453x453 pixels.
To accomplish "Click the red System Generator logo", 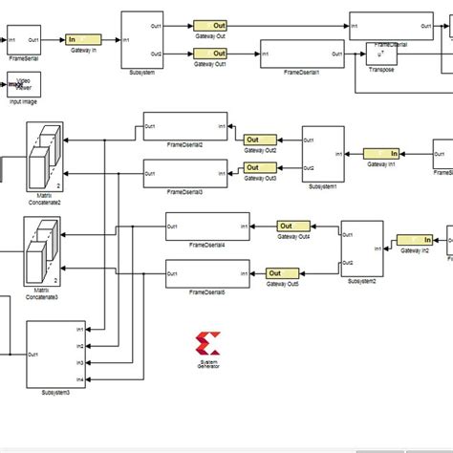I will pos(205,345).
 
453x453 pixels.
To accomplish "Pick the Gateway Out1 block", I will pos(209,54).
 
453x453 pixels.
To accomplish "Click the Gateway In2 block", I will pos(415,240).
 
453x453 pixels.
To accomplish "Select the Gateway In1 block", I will pos(380,152).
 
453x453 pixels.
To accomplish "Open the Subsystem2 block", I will pos(361,248).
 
